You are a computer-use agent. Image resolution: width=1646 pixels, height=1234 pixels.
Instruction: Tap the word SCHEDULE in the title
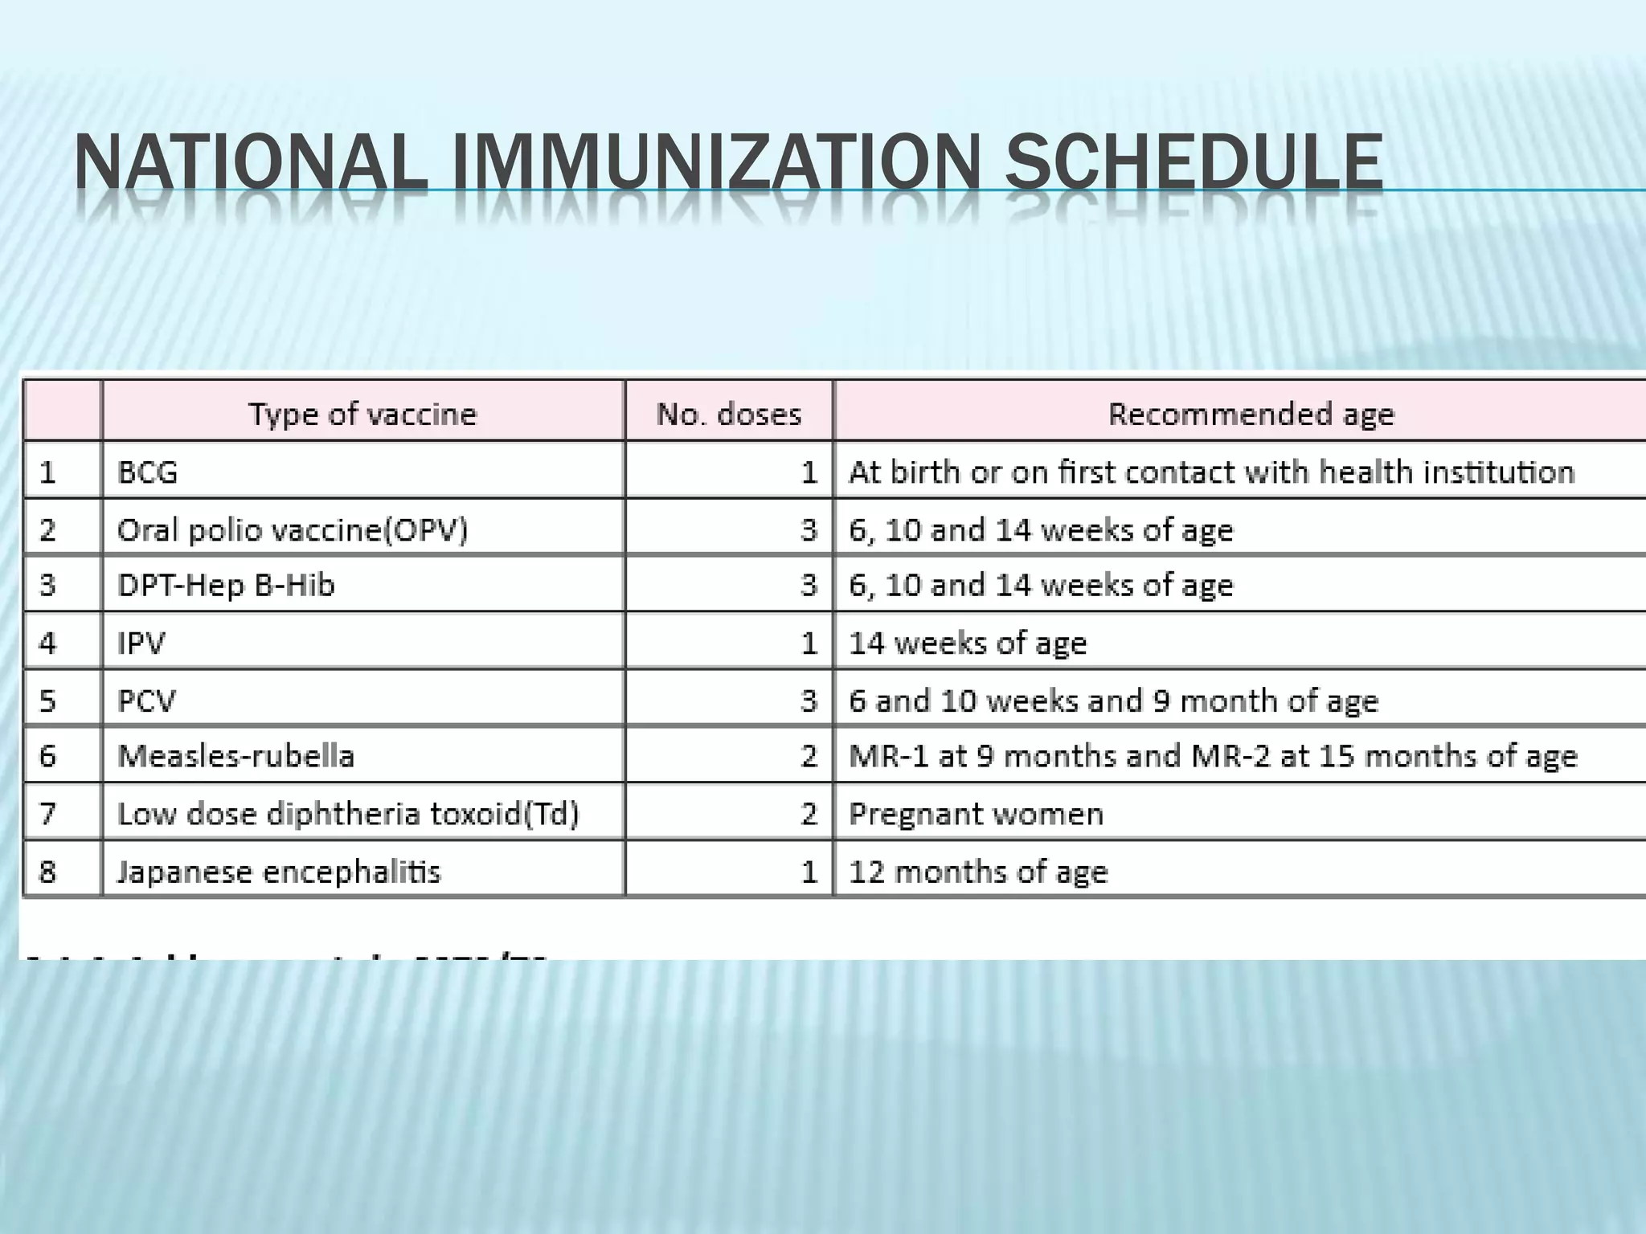tap(1194, 163)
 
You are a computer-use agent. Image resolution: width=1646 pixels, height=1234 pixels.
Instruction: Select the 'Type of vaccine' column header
tap(362, 414)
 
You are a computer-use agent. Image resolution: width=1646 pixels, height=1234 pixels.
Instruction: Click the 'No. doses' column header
tap(729, 414)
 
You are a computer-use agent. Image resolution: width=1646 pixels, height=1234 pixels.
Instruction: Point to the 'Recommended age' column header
tap(1251, 414)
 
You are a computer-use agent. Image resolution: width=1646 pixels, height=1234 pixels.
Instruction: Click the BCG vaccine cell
tap(148, 472)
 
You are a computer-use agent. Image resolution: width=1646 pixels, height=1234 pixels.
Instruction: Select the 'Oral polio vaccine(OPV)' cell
tap(293, 529)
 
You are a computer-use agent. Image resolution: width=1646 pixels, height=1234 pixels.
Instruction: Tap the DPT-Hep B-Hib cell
tap(226, 585)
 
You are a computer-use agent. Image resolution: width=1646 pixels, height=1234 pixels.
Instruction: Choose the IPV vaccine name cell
tap(141, 643)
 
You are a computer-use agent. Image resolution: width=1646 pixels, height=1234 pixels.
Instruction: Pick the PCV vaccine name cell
tap(146, 701)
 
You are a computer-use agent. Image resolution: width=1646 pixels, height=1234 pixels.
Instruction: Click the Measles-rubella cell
tap(235, 756)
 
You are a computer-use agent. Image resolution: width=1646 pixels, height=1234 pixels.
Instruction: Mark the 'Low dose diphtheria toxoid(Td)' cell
tap(348, 814)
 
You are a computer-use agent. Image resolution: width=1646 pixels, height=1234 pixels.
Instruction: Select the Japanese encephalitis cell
tap(279, 872)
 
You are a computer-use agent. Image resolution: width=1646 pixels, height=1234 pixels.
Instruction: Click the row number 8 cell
tap(47, 872)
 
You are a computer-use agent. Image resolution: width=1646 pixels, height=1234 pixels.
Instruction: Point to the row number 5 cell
tap(47, 701)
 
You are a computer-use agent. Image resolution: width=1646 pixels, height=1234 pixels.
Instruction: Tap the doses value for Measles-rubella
tap(809, 756)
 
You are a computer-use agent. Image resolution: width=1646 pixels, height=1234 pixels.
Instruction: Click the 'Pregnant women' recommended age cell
tap(976, 814)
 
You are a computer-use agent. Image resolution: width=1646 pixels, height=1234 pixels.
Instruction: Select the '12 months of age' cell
tap(978, 872)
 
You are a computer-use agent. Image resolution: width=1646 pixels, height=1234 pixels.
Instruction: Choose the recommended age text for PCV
tap(1113, 701)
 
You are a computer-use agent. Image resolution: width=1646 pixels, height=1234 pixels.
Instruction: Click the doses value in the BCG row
tap(809, 472)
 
